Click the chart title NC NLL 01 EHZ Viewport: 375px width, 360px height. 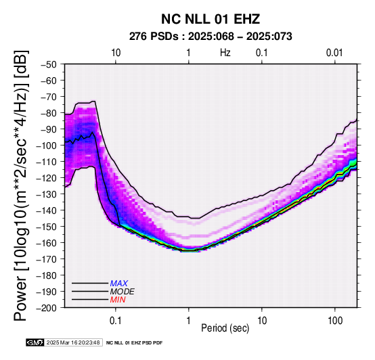click(x=211, y=19)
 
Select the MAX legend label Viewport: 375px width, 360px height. click(x=119, y=284)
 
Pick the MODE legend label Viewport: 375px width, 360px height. click(x=123, y=292)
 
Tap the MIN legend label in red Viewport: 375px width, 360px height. click(x=118, y=300)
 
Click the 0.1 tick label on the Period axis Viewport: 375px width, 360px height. click(x=116, y=321)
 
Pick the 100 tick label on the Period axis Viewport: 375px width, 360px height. click(x=335, y=321)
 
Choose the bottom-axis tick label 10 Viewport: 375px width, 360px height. click(x=262, y=321)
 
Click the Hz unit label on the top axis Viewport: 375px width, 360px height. click(x=225, y=53)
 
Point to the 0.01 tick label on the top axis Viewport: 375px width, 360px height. click(x=334, y=53)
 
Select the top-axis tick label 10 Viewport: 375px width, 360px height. click(x=116, y=53)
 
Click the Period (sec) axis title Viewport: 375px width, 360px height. click(x=225, y=328)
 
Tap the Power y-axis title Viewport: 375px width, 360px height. click(x=21, y=185)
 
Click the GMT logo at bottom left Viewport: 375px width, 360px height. click(x=35, y=342)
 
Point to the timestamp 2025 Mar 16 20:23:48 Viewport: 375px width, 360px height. click(x=73, y=342)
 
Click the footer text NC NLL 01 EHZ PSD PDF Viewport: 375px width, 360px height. click(x=134, y=343)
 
